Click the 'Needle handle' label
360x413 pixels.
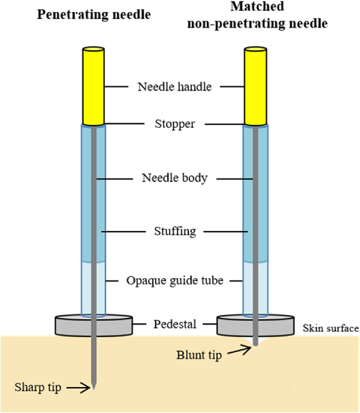175,87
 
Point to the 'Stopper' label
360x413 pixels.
175,124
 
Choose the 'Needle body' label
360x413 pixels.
175,178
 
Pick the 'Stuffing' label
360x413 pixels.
175,231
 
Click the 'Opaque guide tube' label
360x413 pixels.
175,280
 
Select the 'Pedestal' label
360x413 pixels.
175,325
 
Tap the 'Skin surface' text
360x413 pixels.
330,328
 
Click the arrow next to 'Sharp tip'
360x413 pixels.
78,388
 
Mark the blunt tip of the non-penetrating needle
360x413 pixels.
256,344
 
